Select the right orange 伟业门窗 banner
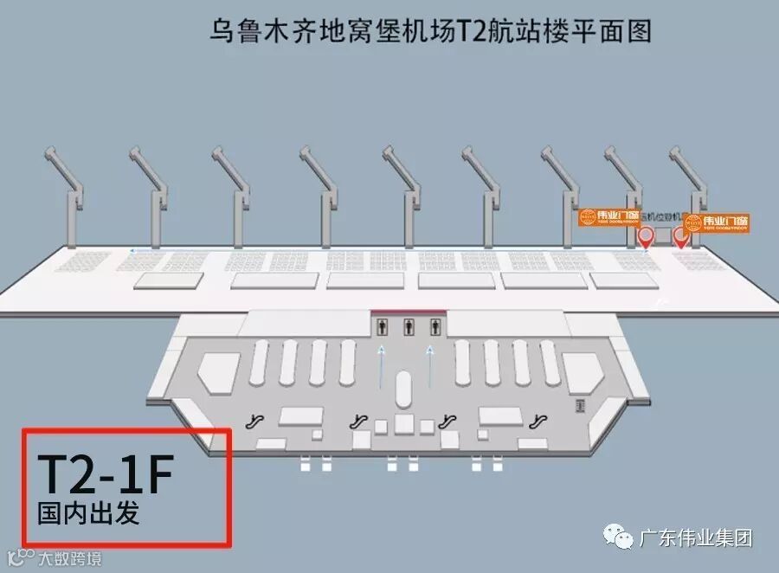point(717,222)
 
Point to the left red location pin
point(646,236)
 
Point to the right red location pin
point(681,236)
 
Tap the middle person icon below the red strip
point(409,325)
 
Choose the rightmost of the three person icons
point(435,325)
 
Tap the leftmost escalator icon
point(254,422)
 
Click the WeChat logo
point(621,538)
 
